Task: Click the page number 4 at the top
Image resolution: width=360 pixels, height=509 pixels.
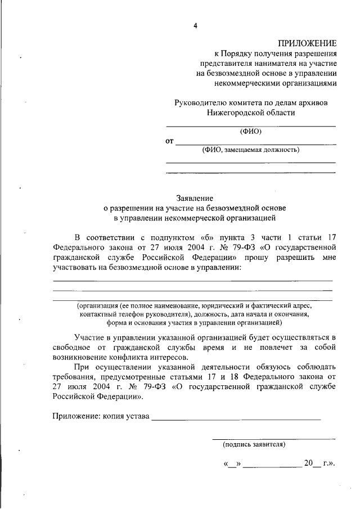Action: click(x=196, y=26)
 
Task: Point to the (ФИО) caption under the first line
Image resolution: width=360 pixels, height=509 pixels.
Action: click(x=251, y=132)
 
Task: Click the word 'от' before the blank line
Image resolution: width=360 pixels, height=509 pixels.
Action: click(x=169, y=141)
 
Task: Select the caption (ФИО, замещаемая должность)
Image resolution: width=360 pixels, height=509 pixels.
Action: click(x=251, y=150)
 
